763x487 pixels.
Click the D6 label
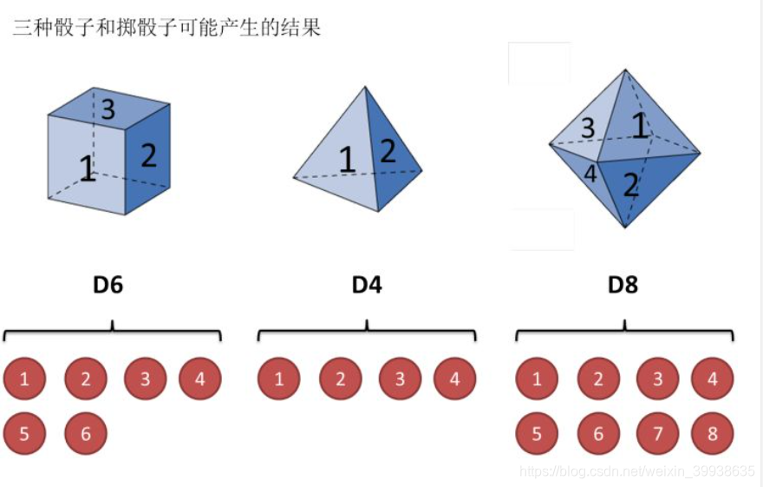108,285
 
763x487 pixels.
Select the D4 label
367,285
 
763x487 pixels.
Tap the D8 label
623,285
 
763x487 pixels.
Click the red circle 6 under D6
86,433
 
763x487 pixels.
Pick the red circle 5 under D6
24,433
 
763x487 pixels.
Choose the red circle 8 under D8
713,433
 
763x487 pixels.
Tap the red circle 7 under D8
658,433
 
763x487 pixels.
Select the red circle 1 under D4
278,379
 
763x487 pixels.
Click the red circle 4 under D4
455,379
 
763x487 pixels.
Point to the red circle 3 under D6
145,379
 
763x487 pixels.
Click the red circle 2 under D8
598,379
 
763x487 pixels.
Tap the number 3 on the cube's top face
108,110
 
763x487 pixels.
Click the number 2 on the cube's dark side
149,155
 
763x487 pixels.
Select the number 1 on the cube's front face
87,168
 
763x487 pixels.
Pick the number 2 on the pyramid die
388,152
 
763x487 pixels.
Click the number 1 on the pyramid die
347,161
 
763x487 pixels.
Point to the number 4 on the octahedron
590,174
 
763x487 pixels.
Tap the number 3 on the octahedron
588,128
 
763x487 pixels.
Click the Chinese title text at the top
166,28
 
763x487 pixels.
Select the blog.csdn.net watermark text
636,471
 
